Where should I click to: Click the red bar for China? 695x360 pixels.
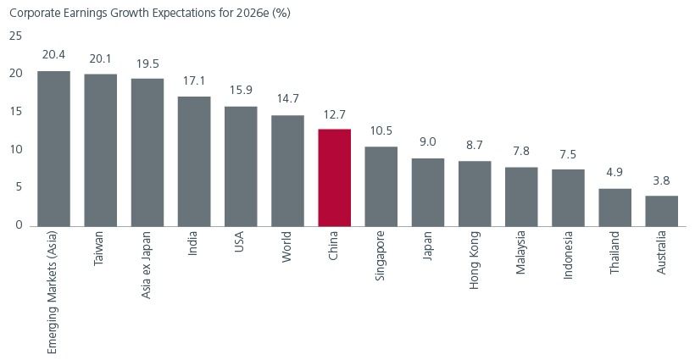(x=334, y=177)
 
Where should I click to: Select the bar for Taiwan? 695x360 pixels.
(x=100, y=150)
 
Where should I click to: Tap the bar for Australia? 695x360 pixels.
(x=661, y=211)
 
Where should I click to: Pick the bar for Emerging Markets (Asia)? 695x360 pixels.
(x=53, y=148)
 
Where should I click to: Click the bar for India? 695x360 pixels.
(x=193, y=161)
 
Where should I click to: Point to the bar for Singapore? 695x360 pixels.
(x=381, y=186)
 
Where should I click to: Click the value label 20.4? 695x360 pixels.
(x=53, y=54)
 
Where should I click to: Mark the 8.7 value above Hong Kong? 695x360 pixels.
(x=474, y=145)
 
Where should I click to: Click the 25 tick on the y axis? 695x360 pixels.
(x=15, y=36)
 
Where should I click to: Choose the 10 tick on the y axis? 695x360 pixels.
(x=15, y=150)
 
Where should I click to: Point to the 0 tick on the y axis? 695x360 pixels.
(x=18, y=225)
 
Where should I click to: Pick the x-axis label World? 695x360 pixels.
(x=287, y=246)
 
